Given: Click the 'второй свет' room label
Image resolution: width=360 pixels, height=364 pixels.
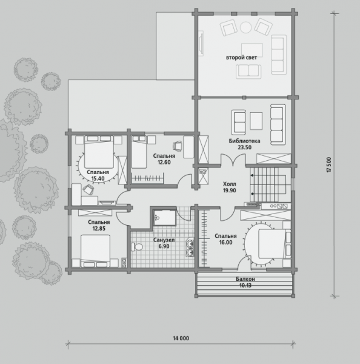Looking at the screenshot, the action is tap(241, 58).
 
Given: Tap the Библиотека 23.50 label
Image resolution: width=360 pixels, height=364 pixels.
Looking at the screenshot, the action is tap(244, 144).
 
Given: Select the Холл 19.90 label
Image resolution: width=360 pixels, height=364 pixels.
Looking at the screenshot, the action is tap(230, 187).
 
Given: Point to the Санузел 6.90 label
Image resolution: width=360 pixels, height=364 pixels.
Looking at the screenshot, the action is tap(164, 243).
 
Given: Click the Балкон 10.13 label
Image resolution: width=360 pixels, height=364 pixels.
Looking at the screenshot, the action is tap(245, 282).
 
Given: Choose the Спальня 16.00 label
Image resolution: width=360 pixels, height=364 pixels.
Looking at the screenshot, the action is tap(225, 239).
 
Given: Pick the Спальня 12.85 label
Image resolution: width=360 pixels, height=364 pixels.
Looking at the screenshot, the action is tap(99, 225).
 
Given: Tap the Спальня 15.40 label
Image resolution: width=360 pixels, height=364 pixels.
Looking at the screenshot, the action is tap(98, 175).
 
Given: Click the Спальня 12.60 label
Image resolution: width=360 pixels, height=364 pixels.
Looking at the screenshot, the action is tap(164, 159).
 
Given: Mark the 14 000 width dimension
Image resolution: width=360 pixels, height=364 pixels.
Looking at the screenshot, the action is tap(181, 339).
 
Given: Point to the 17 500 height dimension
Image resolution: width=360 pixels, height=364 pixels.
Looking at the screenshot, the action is tap(329, 164).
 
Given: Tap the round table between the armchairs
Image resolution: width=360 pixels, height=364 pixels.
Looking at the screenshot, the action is tap(245, 27).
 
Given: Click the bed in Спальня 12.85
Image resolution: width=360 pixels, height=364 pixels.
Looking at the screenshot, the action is tap(96, 251).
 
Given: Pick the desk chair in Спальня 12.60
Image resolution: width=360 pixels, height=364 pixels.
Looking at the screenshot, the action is tap(178, 146).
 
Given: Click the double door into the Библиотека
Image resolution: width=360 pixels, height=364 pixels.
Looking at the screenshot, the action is tap(233, 160).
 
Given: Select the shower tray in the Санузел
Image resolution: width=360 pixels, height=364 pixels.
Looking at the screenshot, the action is tap(165, 217).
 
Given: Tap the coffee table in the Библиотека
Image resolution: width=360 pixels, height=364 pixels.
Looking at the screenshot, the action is tap(256, 121).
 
